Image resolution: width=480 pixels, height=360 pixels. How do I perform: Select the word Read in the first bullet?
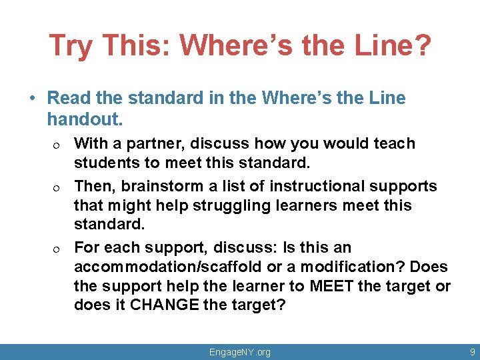[69, 98]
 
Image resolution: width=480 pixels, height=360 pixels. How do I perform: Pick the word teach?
[394, 143]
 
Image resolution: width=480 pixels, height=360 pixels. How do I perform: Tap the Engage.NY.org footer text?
[240, 352]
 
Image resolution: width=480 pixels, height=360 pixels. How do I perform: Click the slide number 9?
[472, 351]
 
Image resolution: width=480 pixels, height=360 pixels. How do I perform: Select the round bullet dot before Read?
[32, 99]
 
